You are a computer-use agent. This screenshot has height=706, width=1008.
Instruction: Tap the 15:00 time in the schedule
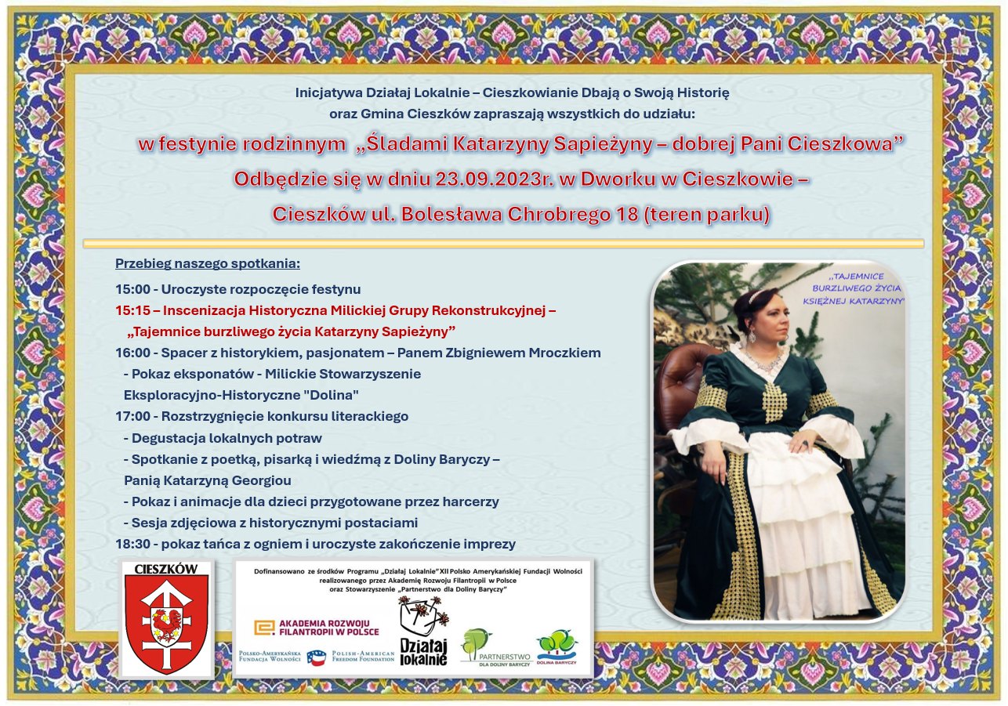tap(132, 289)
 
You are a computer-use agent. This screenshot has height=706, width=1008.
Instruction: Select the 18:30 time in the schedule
tap(132, 544)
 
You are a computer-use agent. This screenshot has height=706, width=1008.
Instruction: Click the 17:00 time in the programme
tap(132, 416)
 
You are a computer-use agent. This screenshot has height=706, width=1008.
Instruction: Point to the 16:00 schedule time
tap(132, 353)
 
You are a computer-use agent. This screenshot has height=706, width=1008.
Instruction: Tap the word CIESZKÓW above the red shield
tap(166, 569)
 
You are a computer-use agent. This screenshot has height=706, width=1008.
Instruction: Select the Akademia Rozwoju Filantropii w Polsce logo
tap(317, 628)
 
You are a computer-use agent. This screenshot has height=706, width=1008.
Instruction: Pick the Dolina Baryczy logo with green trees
tap(557, 646)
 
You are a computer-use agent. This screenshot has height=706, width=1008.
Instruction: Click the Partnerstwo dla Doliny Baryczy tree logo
tap(495, 648)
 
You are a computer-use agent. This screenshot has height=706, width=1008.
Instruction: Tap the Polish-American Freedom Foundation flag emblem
tap(317, 657)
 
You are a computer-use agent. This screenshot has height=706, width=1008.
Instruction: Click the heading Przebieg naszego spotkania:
tap(208, 264)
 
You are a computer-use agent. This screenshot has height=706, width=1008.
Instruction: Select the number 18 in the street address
tap(628, 215)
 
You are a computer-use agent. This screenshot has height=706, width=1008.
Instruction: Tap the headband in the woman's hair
tap(759, 295)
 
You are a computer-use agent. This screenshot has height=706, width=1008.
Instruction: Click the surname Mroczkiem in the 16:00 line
tap(565, 353)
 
